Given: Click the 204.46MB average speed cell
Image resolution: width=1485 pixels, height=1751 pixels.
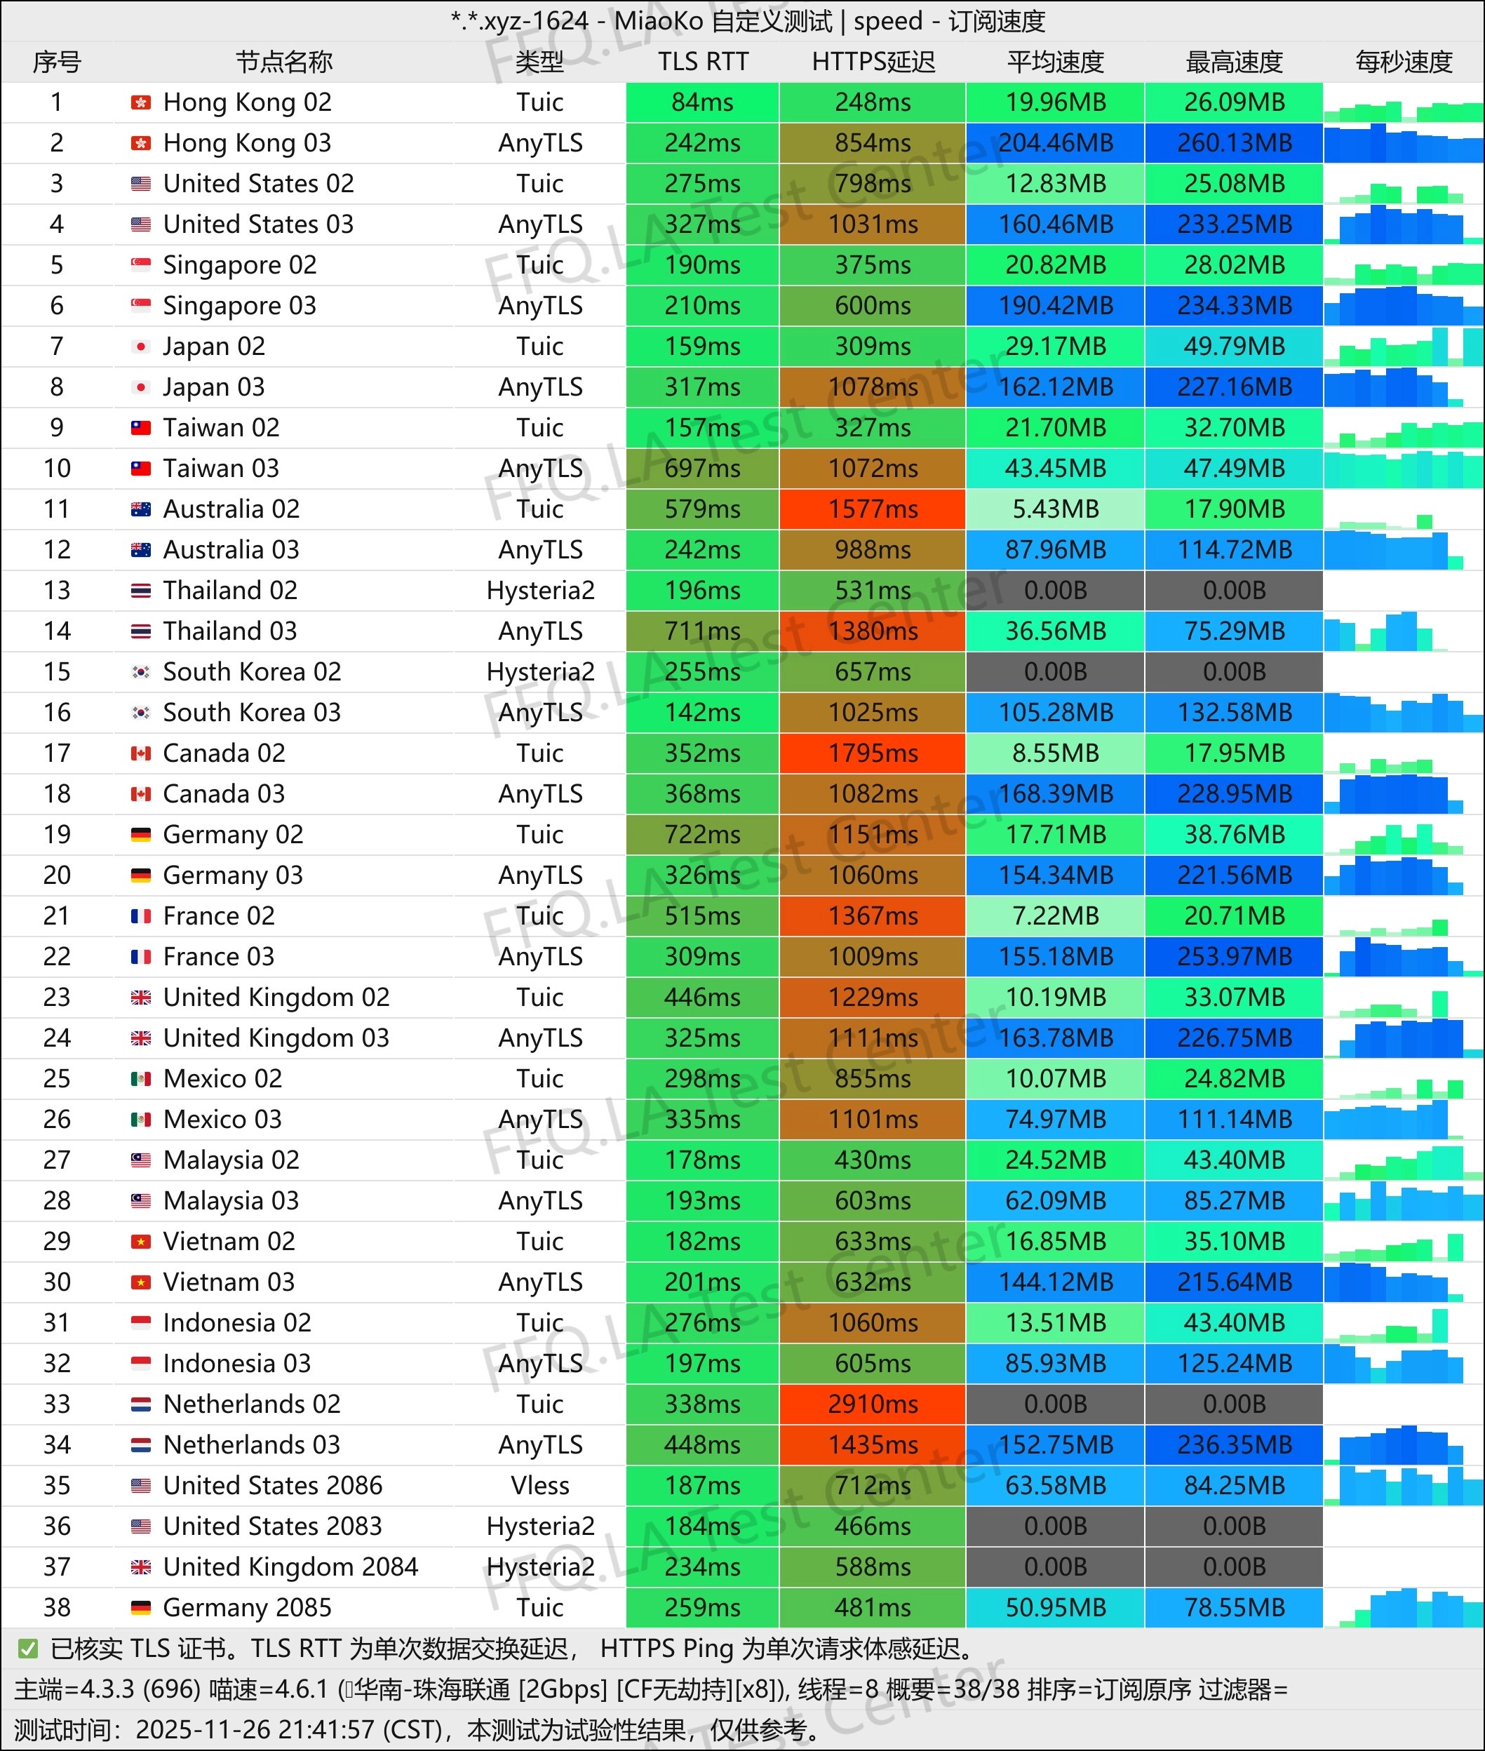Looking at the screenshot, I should click(x=1055, y=143).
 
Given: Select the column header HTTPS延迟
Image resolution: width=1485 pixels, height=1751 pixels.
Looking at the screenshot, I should click(x=873, y=62).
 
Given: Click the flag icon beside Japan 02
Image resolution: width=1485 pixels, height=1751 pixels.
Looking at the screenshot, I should click(x=140, y=347).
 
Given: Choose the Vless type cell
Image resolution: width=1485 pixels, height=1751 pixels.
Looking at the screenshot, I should click(x=539, y=1486).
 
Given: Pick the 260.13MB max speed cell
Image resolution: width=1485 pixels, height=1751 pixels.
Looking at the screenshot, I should click(x=1233, y=143).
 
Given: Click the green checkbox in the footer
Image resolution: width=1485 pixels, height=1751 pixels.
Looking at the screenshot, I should click(x=28, y=1649).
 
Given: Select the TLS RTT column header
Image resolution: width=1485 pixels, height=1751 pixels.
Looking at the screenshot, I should click(x=703, y=62).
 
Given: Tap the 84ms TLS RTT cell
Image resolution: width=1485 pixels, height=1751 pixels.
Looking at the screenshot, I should click(x=702, y=102).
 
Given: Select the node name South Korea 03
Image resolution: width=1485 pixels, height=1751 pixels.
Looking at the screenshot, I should click(x=252, y=713).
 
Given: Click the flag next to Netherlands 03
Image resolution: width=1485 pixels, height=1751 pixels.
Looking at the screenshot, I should click(x=140, y=1445).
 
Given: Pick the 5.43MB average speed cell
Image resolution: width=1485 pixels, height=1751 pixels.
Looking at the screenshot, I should click(x=1055, y=509).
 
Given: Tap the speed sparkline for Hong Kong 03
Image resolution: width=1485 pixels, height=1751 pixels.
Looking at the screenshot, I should click(x=1404, y=143).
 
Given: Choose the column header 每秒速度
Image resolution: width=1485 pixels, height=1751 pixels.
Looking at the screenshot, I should click(x=1404, y=62).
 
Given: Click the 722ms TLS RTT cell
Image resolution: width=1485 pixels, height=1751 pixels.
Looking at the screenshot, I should click(x=702, y=835).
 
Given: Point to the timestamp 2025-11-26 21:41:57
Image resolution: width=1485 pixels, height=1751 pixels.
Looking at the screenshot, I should click(x=255, y=1730).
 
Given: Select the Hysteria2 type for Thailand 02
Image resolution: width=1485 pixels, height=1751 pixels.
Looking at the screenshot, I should click(x=539, y=591).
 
